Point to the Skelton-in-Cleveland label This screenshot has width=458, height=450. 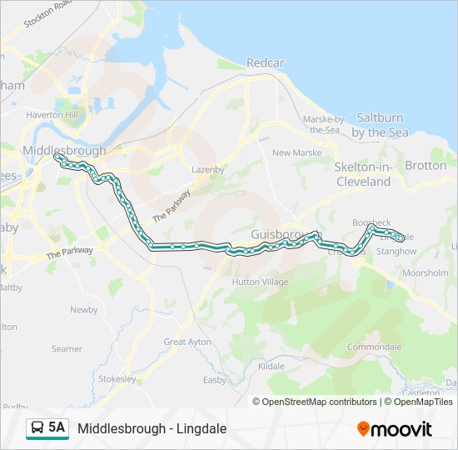coord(363,174)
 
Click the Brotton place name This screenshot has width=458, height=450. coord(426,166)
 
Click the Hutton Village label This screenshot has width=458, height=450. coord(260,282)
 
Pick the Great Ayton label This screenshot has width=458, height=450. coord(188,342)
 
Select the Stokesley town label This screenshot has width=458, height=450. coord(117,379)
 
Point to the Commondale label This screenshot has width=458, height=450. coord(374,347)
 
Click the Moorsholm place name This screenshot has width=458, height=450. coord(425,273)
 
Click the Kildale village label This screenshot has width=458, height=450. coord(271,366)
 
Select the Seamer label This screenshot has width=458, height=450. coord(67,349)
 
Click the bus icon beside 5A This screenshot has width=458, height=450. coord(37,428)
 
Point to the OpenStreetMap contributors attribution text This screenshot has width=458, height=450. coord(319,402)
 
